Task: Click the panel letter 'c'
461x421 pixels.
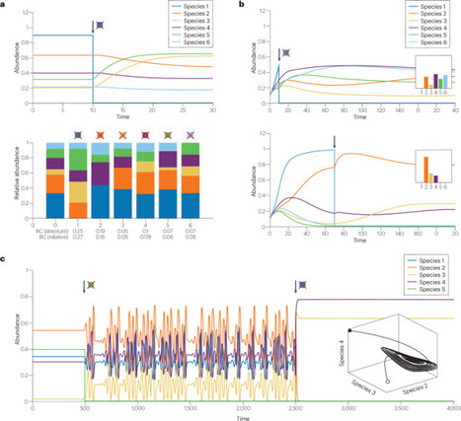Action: pyautogui.click(x=5, y=259)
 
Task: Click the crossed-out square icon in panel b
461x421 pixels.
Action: pyautogui.click(x=286, y=53)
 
